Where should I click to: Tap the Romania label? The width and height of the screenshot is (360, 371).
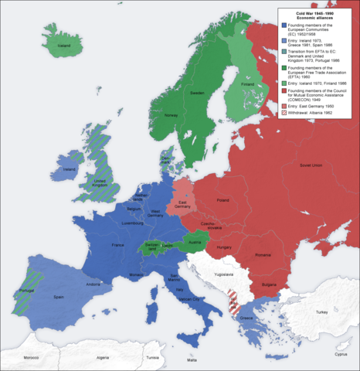click(x=263, y=254)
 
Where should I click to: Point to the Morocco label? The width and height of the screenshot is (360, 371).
click(x=30, y=359)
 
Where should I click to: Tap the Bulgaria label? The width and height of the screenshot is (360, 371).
click(x=270, y=284)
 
